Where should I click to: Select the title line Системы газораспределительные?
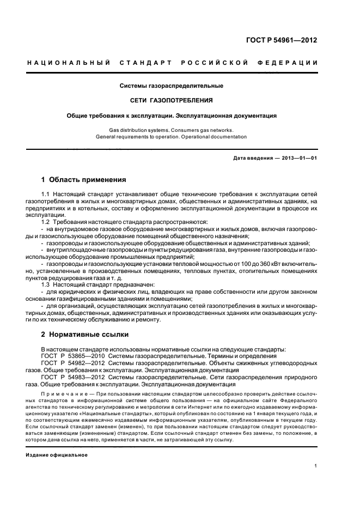(172, 86)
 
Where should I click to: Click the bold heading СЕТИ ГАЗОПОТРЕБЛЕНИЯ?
(172, 100)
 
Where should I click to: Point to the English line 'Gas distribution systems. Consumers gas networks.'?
(172, 130)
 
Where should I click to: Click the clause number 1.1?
(46, 194)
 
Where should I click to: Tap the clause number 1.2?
(46, 222)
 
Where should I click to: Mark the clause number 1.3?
(46, 285)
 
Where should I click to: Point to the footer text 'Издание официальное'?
(57, 454)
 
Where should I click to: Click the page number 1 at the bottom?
(316, 466)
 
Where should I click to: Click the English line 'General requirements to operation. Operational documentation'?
(172, 137)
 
